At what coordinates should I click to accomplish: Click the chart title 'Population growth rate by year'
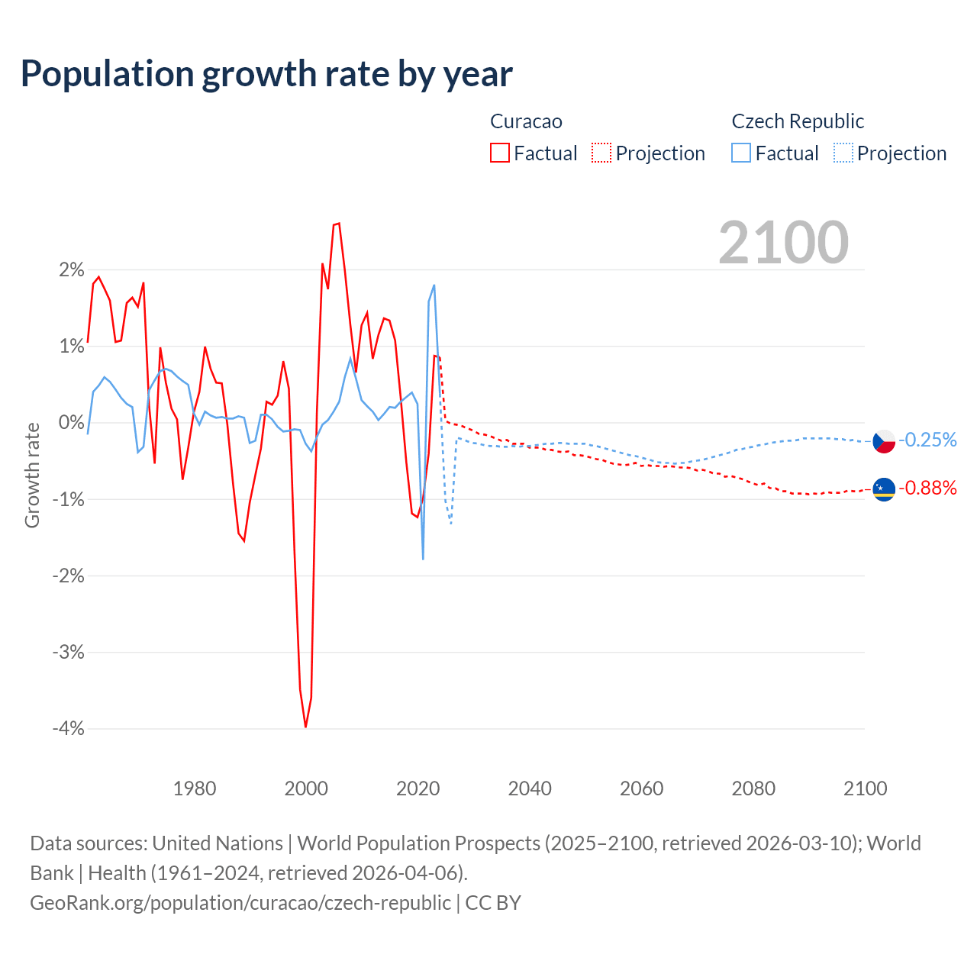pos(266,73)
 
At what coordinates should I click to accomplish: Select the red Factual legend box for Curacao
pos(499,153)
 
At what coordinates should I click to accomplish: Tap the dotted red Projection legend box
pos(601,153)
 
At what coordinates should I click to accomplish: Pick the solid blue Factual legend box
pos(741,153)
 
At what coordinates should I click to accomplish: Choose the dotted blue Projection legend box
pos(843,153)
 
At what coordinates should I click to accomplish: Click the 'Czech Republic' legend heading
pos(798,121)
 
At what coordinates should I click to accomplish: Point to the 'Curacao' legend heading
pos(526,121)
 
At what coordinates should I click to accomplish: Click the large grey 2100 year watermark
pos(783,243)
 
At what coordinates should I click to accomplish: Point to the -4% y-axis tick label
pos(68,728)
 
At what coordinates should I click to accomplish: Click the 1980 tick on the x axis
pos(195,788)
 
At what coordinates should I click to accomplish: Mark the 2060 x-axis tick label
pos(641,788)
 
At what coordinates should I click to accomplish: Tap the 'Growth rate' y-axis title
pos(32,475)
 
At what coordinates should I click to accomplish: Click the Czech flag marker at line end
pos(884,440)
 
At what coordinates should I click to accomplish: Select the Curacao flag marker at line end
pos(884,488)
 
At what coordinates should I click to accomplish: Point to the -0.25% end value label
pos(927,440)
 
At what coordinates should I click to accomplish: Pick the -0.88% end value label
pos(927,488)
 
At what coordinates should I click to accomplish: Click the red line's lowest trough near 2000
pos(305,726)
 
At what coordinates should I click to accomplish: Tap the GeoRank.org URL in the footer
pos(240,902)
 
